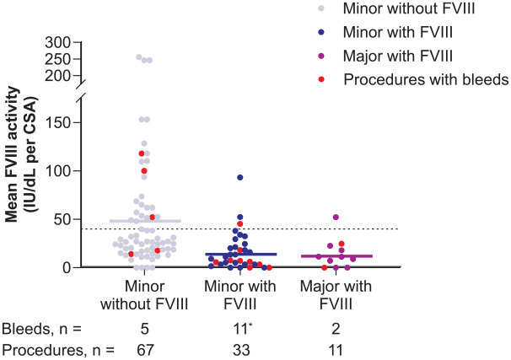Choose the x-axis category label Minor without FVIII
coord(145,293)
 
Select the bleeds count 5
coord(145,325)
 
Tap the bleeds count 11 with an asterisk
coord(242,325)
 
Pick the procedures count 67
coord(145,347)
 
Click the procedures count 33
coord(240,347)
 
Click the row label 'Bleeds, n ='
coord(43,325)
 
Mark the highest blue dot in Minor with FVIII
coord(240,177)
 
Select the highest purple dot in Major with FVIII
coord(336,218)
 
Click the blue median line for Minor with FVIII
coord(240,254)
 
